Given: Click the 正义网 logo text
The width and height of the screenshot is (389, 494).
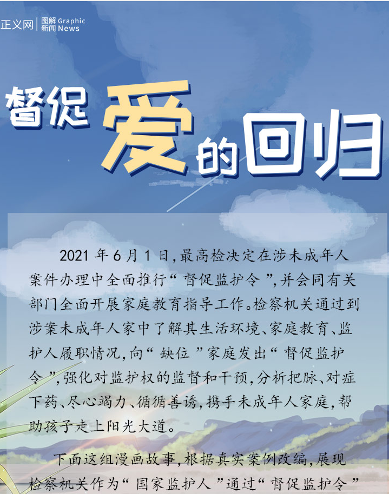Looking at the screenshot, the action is (17, 24).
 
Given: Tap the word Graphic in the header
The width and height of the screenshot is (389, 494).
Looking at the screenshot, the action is (71, 21).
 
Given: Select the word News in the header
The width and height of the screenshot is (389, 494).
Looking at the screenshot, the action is (69, 28).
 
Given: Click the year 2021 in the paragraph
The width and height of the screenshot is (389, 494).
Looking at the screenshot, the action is (74, 256).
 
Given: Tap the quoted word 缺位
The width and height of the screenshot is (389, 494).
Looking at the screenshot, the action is (174, 353).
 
